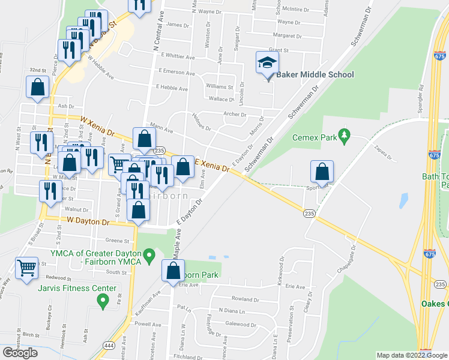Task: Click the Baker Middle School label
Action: coord(315,74)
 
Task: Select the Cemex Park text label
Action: coord(315,137)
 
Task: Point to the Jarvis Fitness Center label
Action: coord(77,289)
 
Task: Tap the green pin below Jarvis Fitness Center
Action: coord(103,301)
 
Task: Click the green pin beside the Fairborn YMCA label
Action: coord(151,258)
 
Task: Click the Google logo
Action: coord(20,353)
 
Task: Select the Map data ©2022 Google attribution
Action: coord(411,355)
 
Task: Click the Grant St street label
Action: coord(279,50)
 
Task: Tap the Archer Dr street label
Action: coord(234,114)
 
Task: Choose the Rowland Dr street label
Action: coord(246,299)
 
